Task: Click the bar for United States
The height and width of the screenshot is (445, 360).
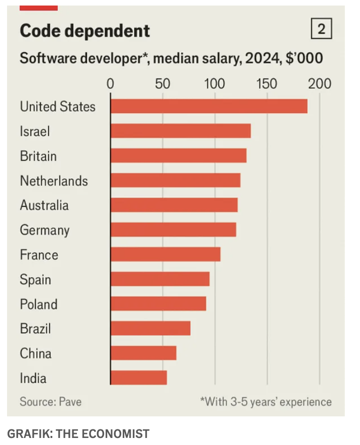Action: tap(209, 106)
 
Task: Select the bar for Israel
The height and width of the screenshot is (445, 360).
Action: tap(181, 131)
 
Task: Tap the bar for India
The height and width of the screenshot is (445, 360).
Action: tap(138, 378)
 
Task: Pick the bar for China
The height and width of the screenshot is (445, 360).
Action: tap(143, 353)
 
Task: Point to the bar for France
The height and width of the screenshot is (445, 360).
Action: tap(165, 255)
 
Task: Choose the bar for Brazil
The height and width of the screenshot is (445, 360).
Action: tap(150, 328)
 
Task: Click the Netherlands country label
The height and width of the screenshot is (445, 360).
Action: tap(54, 181)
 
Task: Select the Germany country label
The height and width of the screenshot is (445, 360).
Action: tap(45, 230)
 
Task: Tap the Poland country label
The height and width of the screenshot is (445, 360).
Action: tap(39, 304)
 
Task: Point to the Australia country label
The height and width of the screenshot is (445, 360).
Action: tap(44, 205)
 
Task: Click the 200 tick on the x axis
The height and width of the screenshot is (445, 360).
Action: tap(320, 83)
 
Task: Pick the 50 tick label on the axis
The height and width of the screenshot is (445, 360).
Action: tap(162, 83)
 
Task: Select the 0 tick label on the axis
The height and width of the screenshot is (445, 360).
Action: tap(111, 83)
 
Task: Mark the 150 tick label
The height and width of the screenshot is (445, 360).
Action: tap(266, 83)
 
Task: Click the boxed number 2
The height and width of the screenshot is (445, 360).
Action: tap(322, 30)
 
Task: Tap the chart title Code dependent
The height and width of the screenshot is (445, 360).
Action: tap(84, 31)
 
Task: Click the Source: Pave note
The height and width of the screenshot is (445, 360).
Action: tap(50, 402)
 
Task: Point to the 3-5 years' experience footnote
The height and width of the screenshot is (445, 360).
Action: tap(266, 402)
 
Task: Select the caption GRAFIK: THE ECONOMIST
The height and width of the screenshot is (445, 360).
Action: tap(78, 433)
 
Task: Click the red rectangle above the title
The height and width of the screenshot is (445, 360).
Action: tap(39, 8)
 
